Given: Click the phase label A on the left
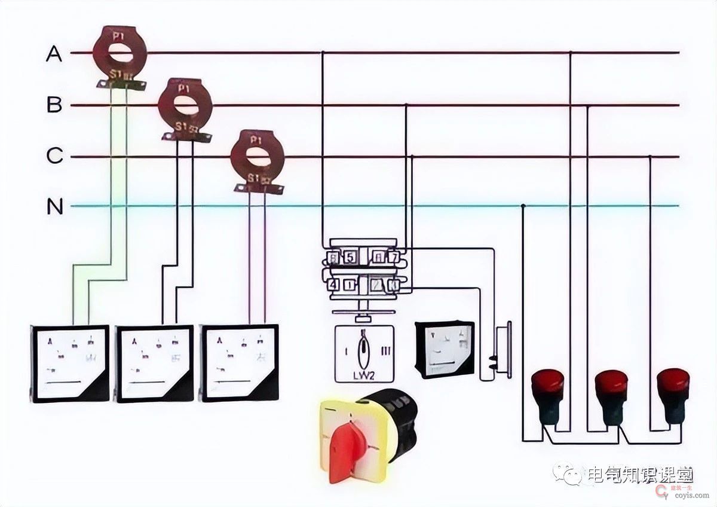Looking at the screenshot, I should click(x=54, y=54).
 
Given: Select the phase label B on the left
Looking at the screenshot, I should click(x=54, y=106).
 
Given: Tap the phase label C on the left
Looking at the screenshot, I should click(x=54, y=157).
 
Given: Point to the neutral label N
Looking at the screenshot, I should click(x=54, y=207).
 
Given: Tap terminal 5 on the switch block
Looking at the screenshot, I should click(x=350, y=258).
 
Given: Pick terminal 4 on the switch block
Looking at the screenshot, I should click(x=332, y=285).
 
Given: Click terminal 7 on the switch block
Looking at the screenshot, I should click(x=393, y=258).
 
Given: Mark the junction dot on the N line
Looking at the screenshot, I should click(x=523, y=206).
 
